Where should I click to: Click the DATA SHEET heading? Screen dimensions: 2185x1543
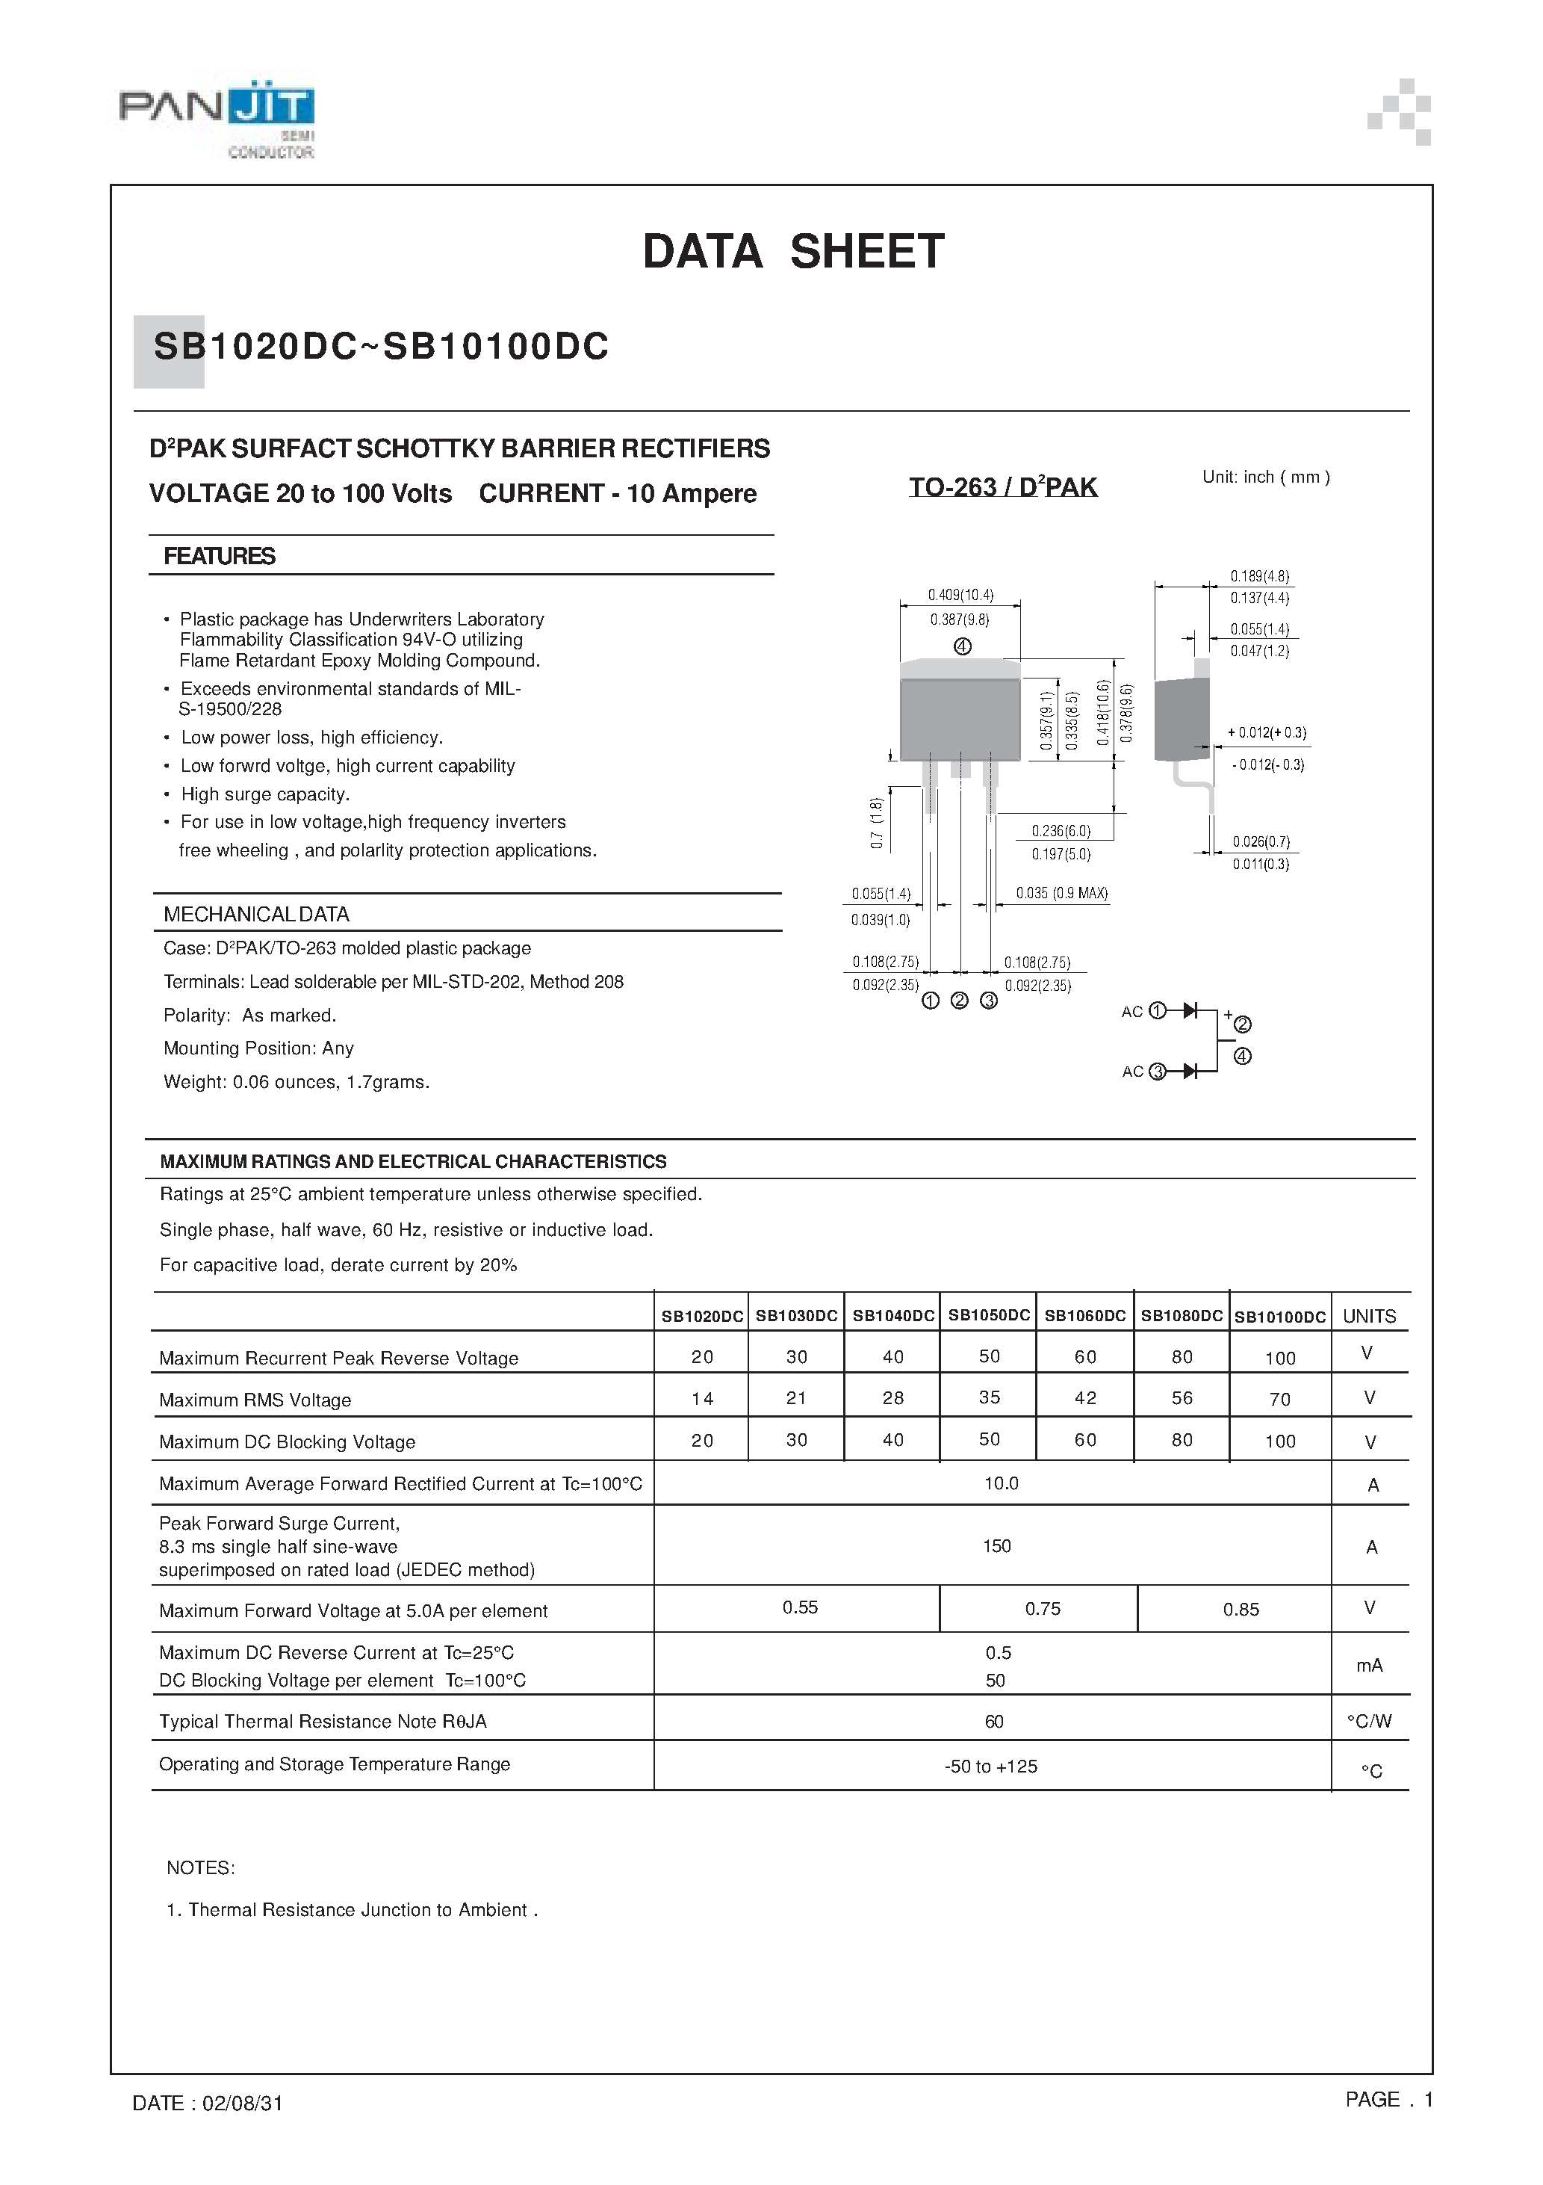tap(793, 252)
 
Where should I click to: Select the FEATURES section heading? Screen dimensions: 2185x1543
tap(219, 557)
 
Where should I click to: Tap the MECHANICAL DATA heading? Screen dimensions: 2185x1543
tap(256, 915)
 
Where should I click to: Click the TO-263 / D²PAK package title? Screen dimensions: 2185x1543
tap(1003, 487)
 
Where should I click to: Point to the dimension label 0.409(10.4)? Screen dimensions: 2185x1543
tap(960, 596)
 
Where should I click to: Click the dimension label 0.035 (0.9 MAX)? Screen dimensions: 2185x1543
tap(1061, 894)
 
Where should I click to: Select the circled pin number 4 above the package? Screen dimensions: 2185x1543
tap(963, 647)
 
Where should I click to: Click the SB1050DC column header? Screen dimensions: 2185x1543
tap(988, 1315)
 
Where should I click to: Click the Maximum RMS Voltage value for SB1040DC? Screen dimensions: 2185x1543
tap(892, 1398)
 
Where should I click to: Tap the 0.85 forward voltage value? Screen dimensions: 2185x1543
tap(1241, 1610)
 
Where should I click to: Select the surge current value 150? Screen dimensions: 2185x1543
tap(996, 1546)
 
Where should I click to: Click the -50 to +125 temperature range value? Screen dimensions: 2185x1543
tap(990, 1767)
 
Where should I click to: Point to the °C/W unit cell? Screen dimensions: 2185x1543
tap(1369, 1722)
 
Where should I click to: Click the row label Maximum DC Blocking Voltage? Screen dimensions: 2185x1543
tap(288, 1441)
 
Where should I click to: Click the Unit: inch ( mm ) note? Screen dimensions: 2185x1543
tap(1265, 478)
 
